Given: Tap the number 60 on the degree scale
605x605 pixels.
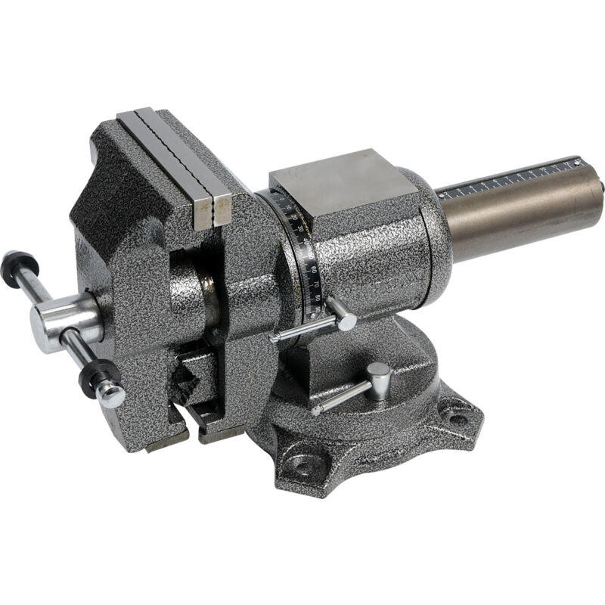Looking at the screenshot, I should click(312, 268).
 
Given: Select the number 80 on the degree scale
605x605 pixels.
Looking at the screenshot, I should click(317, 297).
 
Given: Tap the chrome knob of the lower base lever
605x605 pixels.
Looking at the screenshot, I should click(379, 374).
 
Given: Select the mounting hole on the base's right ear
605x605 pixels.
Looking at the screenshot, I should click(458, 417).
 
